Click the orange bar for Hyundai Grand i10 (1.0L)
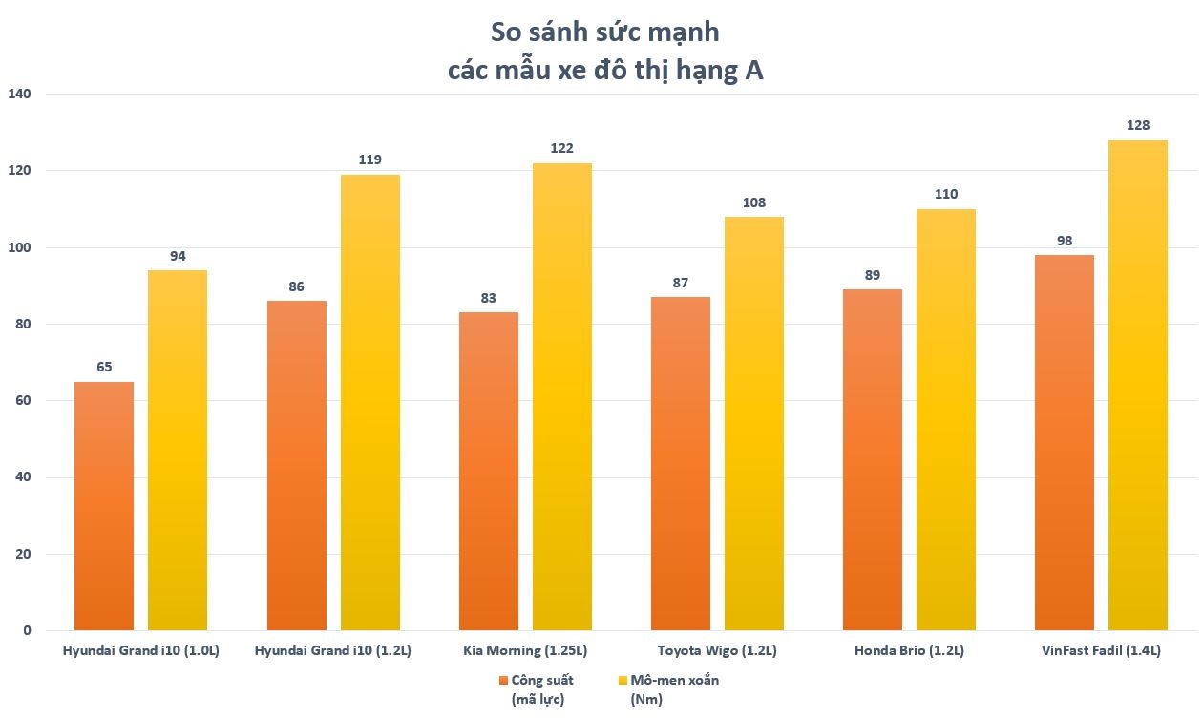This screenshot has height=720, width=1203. [x=104, y=506]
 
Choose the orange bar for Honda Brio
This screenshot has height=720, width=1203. [x=873, y=459]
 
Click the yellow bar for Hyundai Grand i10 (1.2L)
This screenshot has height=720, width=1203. [x=369, y=402]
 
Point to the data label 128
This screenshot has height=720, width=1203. [x=1137, y=125]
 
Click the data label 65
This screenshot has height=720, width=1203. [x=104, y=367]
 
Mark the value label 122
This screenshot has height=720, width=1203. [x=561, y=148]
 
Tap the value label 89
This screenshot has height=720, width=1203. [x=873, y=274]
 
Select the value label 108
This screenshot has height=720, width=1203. [x=753, y=202]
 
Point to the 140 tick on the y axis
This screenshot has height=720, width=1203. [x=19, y=95]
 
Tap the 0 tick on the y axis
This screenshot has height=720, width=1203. [x=27, y=631]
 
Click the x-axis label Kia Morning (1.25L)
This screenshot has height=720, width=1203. [x=524, y=651]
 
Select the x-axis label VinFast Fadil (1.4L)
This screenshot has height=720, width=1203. [x=1101, y=651]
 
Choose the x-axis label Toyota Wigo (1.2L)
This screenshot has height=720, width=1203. [x=717, y=651]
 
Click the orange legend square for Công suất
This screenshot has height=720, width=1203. [x=503, y=681]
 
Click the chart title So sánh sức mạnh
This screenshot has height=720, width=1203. [x=604, y=32]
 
